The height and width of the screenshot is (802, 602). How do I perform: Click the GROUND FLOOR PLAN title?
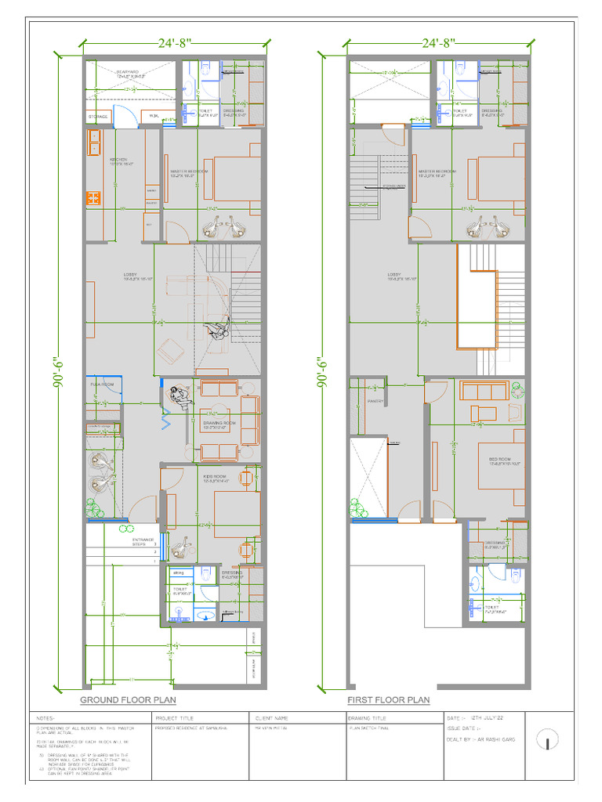tap(128, 699)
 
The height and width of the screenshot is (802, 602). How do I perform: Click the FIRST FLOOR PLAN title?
tap(389, 699)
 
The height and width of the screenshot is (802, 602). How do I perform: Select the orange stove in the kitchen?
tap(94, 197)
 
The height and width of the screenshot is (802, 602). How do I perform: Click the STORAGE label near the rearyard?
tap(98, 117)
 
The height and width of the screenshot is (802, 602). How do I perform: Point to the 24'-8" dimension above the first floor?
tap(439, 42)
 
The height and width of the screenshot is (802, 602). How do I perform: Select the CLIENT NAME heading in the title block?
tap(271, 717)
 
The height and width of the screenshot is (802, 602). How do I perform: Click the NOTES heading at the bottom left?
tap(45, 717)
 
